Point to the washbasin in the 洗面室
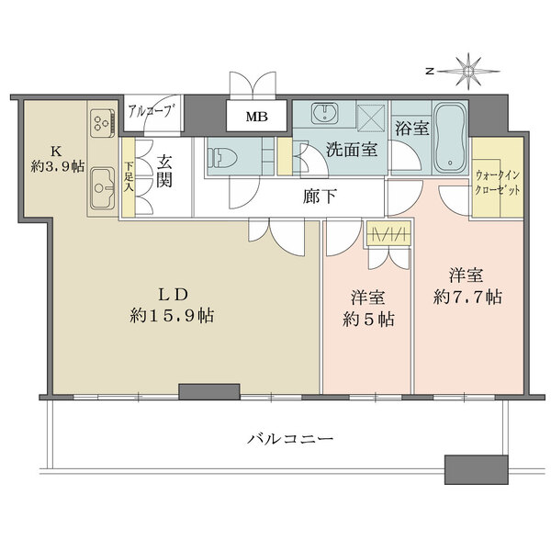click(323, 115)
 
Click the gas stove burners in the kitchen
click(101, 122)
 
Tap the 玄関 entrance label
click(165, 170)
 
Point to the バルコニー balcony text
click(289, 438)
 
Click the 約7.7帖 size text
click(468, 297)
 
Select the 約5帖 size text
click(366, 320)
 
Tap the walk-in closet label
click(498, 180)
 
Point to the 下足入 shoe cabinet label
click(128, 175)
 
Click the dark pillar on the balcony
click(475, 468)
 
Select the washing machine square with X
click(370, 117)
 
